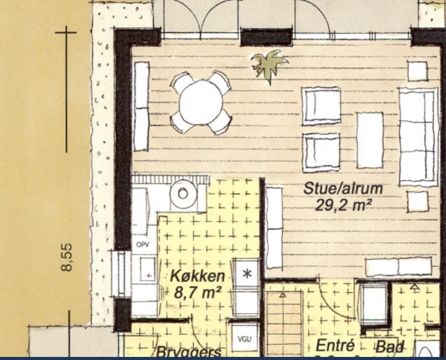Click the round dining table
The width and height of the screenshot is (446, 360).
pos(201,102)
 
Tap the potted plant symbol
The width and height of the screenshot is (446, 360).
pos(269,64)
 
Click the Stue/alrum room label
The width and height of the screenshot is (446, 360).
pos(343,189)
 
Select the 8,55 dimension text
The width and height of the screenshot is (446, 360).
pos(67,256)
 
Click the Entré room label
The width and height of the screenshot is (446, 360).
pos(333,346)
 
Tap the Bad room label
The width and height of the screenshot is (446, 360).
pos(389,346)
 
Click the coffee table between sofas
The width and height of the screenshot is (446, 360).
pos(370,140)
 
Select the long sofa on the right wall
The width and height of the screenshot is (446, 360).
pos(418,136)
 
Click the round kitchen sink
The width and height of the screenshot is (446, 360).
pos(182,194)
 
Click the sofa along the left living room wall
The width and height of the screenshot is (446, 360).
pos(141,106)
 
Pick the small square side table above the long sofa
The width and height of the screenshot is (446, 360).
pos(417,71)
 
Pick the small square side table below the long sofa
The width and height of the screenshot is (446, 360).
pos(417,202)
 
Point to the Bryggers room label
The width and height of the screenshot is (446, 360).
pos(189,353)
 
